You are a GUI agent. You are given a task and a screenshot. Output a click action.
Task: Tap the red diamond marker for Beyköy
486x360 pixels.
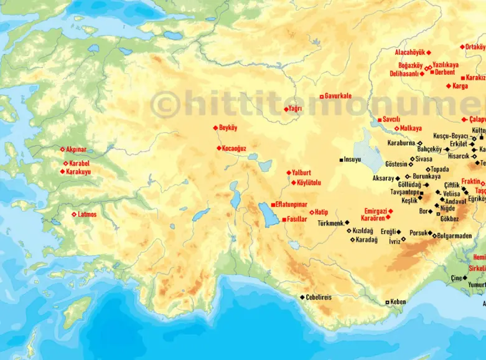(215, 128)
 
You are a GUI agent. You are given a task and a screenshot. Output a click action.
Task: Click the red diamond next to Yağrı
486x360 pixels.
(286, 109)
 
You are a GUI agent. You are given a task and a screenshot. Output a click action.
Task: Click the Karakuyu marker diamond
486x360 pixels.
(62, 171)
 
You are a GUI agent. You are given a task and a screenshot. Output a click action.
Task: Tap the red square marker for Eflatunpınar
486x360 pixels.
(273, 204)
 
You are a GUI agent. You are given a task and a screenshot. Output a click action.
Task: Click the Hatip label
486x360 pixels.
(321, 212)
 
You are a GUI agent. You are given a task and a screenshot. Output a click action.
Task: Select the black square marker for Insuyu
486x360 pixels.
(341, 160)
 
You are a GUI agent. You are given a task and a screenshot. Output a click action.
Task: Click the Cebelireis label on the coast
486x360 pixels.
(319, 298)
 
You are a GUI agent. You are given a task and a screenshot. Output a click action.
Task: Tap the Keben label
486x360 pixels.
(398, 302)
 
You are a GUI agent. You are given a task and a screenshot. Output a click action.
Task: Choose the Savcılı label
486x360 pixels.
(391, 119)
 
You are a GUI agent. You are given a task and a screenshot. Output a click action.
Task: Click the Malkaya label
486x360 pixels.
(411, 128)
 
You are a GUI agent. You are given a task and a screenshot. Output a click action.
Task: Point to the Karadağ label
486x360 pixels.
(367, 240)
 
